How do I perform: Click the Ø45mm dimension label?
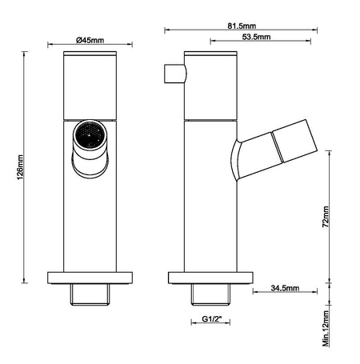[90, 40]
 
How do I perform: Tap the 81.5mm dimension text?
[242, 26]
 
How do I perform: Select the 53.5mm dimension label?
[256, 37]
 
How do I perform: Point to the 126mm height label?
[20, 167]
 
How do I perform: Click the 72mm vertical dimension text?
[326, 217]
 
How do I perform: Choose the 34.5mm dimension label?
[285, 288]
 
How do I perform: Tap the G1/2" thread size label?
[212, 318]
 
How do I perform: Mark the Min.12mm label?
[326, 328]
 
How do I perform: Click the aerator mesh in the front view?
[90, 134]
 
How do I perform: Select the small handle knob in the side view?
[175, 74]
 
